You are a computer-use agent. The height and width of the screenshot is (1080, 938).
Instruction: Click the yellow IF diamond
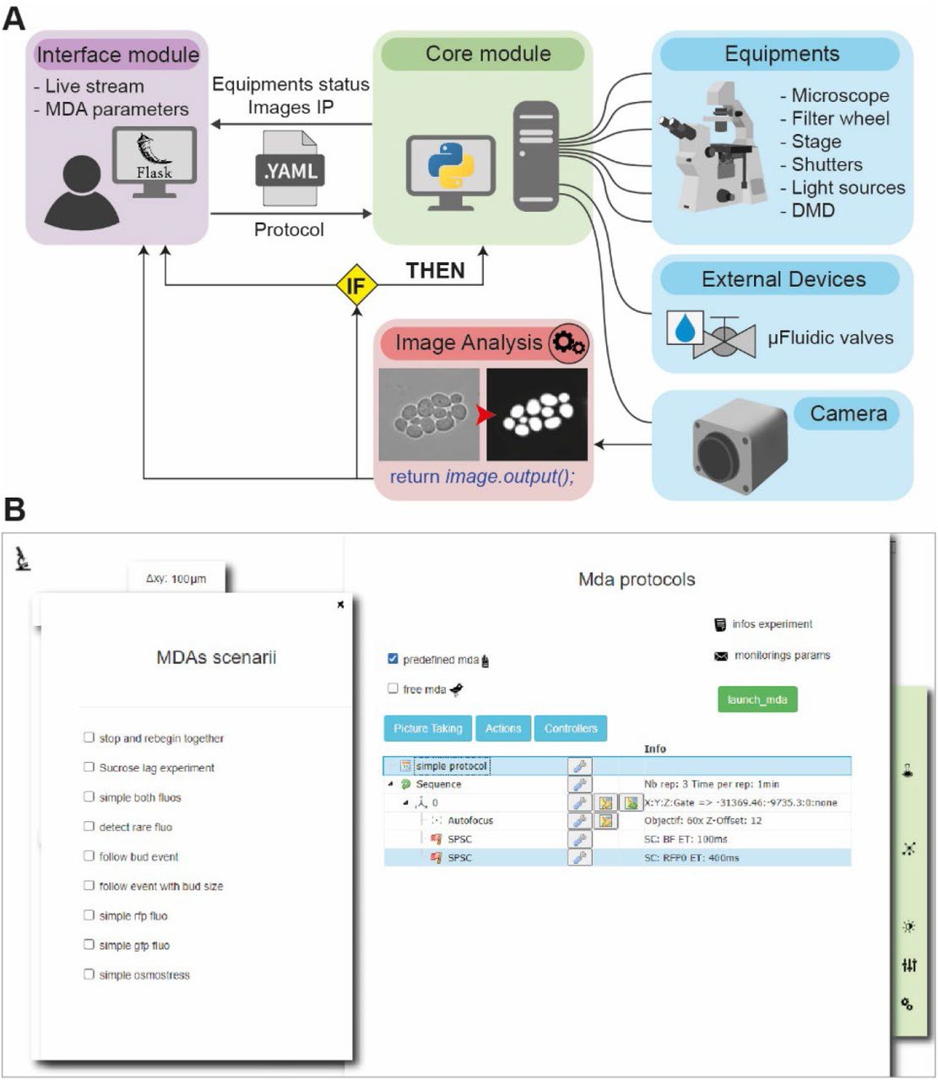coord(356,285)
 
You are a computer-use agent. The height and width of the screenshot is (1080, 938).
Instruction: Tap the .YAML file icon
coord(290,170)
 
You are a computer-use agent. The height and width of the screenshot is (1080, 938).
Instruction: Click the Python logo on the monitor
coord(451,163)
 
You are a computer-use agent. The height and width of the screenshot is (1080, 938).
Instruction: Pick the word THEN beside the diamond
coord(435,271)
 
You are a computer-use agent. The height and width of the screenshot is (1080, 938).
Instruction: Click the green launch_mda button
coord(756,700)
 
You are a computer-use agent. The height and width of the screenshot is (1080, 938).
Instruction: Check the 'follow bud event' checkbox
coord(89,856)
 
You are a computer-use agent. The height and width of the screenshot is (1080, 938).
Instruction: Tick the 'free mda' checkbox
coord(393,688)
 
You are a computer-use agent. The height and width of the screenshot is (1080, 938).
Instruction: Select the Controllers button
coord(571,728)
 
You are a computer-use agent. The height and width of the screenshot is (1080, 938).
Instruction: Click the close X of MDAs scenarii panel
coord(340,604)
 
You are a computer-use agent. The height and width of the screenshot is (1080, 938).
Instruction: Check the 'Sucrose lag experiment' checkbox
coord(89,767)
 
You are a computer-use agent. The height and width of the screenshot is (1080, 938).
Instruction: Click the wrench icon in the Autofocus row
coord(579,820)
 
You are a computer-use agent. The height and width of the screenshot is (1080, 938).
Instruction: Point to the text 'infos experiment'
coord(772,624)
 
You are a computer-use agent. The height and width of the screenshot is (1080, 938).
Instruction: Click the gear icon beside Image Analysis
coord(568,343)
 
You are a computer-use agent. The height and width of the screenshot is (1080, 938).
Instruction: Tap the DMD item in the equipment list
coord(812,210)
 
